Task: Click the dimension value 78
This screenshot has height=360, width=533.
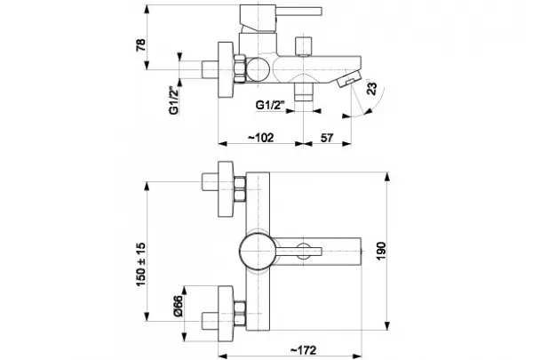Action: coord(140,44)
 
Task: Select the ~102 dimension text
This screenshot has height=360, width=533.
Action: coord(260,138)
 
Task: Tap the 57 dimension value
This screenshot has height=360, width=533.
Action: coord(327,138)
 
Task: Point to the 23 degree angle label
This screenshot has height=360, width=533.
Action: coord(372,89)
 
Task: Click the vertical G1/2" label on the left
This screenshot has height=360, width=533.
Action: coord(174,101)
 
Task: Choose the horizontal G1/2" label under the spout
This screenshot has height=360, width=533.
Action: coord(270,105)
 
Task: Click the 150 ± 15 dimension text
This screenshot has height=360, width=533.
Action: coord(140,264)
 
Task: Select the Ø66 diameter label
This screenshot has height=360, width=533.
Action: coord(178,306)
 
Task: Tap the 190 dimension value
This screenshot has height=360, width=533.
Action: coord(381,252)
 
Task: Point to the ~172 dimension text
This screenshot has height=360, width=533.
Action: coord(303,350)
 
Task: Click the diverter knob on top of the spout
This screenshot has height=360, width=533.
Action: coord(304,46)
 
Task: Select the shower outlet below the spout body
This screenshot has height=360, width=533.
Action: coord(303,92)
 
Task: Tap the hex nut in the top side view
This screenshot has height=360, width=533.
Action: coord(240,68)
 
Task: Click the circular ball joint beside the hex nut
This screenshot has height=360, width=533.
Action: coord(258,69)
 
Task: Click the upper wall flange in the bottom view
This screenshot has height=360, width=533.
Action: coord(226,188)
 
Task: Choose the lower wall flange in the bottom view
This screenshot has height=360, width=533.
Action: coord(226,314)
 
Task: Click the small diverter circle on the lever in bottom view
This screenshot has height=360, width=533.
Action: coord(304,251)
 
